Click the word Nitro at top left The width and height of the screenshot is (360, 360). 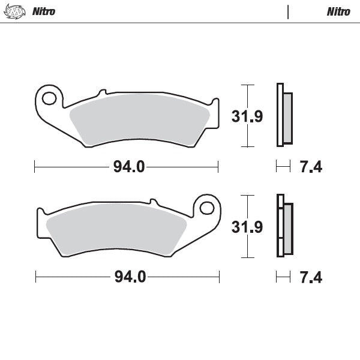tap(44, 12)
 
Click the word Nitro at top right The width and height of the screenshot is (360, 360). tap(339, 12)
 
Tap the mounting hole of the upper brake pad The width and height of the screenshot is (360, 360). tap(51, 97)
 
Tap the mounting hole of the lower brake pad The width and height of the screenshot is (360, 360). tap(207, 208)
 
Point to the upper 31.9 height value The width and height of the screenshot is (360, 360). tap(247, 116)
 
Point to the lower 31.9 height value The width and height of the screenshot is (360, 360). tap(247, 227)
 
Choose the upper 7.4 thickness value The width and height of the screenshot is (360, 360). tap(311, 167)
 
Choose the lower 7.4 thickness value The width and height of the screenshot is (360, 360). tap(311, 277)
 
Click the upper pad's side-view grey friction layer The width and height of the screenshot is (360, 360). tap(287, 118)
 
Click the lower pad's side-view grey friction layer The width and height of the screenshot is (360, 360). tap(288, 228)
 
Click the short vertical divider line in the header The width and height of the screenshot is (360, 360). tap(289, 12)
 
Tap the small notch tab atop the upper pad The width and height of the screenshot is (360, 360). tap(103, 92)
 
